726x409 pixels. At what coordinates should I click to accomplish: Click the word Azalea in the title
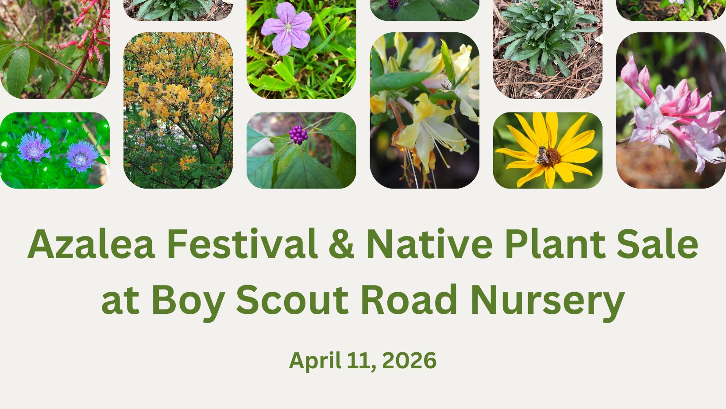pos(91,244)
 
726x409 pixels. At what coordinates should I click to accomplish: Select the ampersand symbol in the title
pos(341,244)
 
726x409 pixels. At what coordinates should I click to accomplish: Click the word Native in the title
pos(429,244)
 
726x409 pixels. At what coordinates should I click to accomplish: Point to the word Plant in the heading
pos(555,244)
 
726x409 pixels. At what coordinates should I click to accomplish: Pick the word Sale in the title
pos(658,244)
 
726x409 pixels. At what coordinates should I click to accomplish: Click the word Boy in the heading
pos(188,302)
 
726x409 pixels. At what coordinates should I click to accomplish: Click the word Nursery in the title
pos(548,303)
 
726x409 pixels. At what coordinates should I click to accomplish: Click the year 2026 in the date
pos(409,360)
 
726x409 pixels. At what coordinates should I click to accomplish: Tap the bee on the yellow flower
pos(541,155)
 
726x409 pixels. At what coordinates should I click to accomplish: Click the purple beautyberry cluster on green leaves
pos(298,135)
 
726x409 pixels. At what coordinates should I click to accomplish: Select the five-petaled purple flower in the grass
pos(287,28)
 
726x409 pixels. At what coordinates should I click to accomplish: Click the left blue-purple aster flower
pos(34,147)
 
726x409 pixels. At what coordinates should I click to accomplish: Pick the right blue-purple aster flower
pos(82,156)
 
